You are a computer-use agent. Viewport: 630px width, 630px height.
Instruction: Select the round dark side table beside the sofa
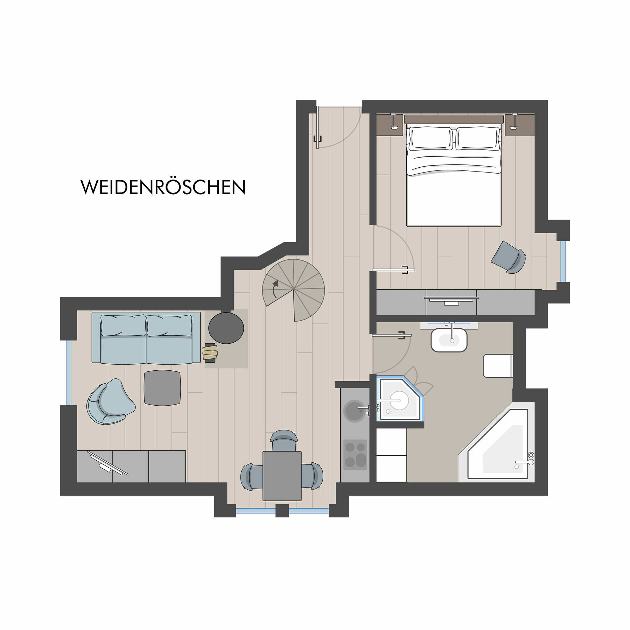click(226, 328)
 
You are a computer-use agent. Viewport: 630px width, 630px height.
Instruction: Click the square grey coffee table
click(162, 388)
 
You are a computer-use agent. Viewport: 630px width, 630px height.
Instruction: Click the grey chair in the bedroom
click(509, 257)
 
